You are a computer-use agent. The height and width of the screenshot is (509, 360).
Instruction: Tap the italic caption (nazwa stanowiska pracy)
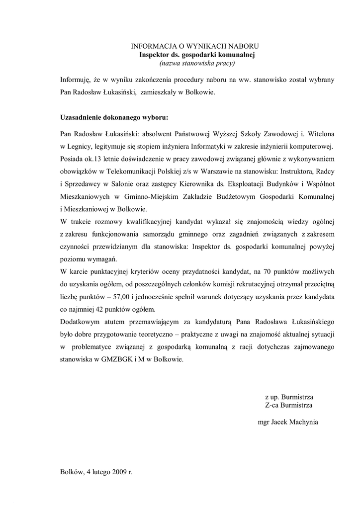[196, 64]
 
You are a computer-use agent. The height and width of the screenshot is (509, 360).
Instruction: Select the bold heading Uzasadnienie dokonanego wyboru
[114, 118]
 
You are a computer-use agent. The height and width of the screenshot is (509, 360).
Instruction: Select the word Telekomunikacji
[131, 171]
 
